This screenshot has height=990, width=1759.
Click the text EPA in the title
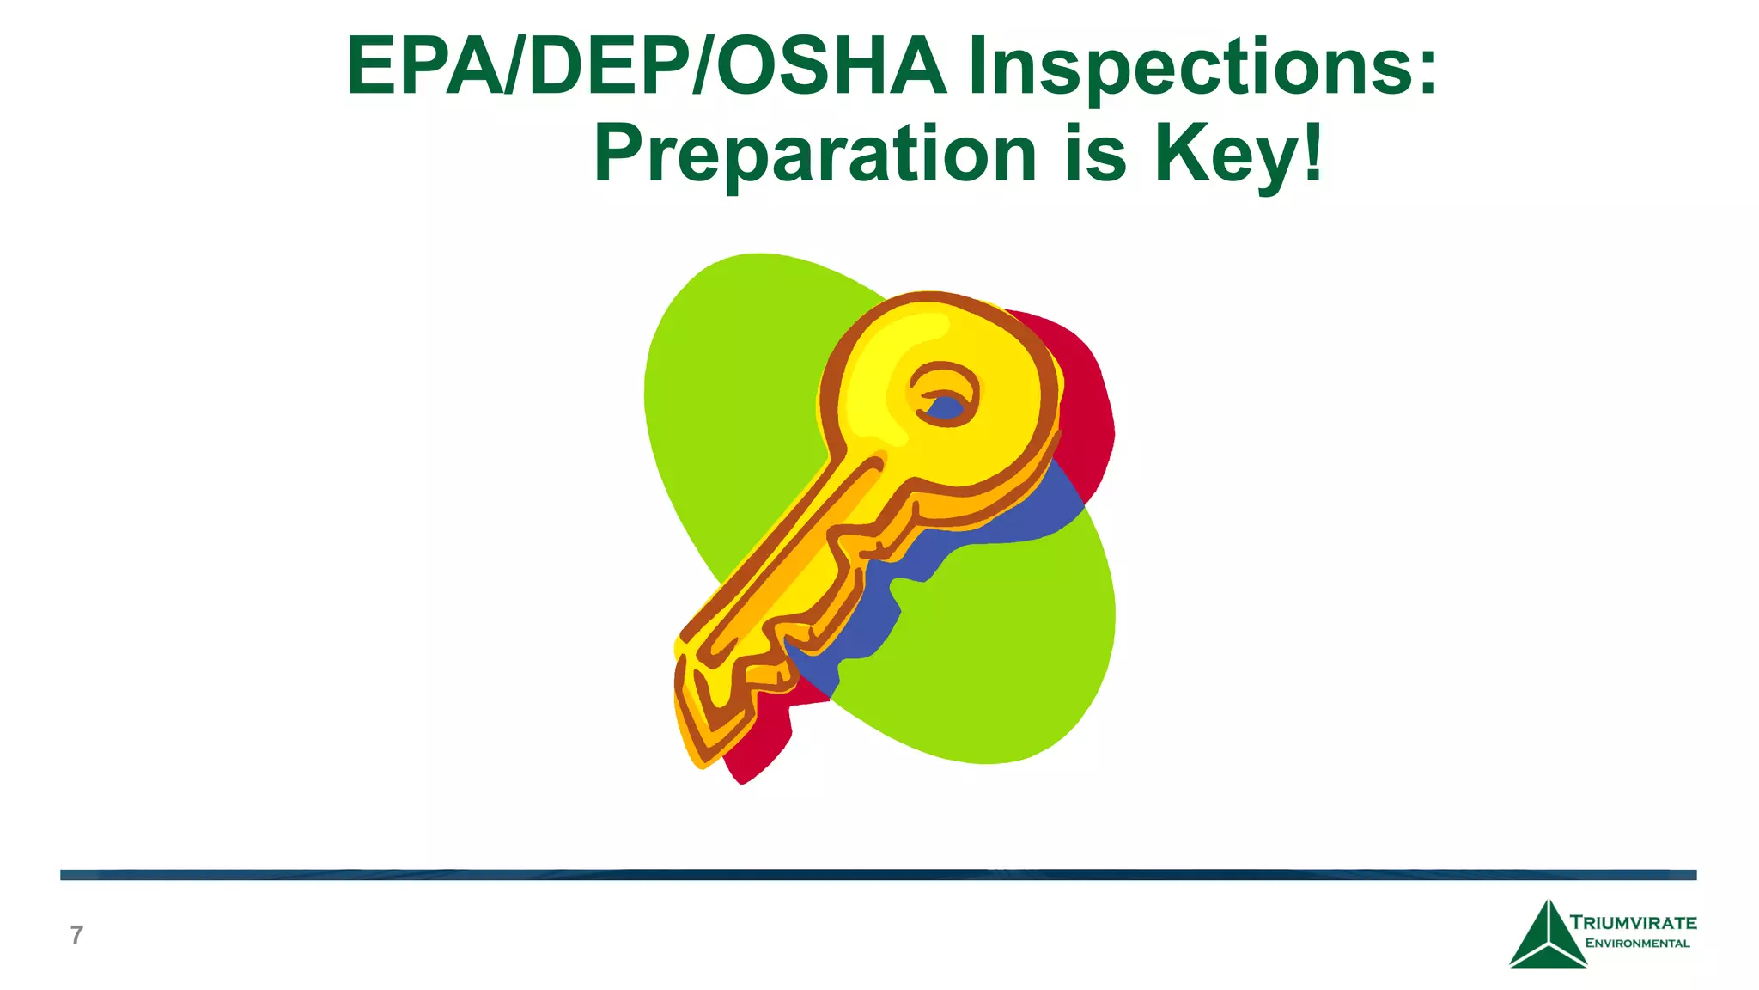point(423,67)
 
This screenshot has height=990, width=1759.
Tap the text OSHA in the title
point(831,67)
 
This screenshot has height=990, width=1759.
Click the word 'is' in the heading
point(1094,155)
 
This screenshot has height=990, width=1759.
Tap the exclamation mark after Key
point(1312,153)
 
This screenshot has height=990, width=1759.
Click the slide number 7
point(76,935)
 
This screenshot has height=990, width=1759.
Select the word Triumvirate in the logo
point(1634,923)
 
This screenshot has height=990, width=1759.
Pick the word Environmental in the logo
point(1637,944)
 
